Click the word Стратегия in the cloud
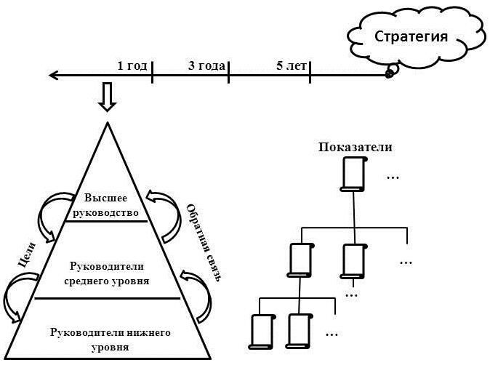(411, 36)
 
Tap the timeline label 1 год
(132, 65)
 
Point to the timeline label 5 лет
(292, 65)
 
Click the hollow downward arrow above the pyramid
(108, 97)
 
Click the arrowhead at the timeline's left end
(53, 74)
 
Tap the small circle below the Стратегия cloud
(390, 72)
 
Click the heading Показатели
(356, 148)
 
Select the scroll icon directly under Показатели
(353, 175)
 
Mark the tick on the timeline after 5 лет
(310, 73)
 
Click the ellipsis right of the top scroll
(393, 177)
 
